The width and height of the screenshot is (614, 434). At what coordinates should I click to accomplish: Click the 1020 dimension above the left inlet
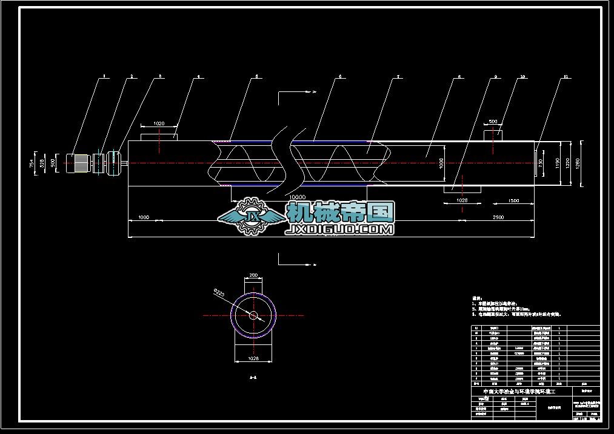159,123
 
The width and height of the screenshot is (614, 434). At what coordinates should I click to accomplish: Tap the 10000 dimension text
297,197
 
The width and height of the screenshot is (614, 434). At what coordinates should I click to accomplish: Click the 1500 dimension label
513,200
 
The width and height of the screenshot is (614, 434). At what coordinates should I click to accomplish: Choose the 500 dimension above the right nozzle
493,122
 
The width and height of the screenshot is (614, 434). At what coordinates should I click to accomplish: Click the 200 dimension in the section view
253,275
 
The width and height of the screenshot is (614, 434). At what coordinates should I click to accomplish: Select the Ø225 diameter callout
219,294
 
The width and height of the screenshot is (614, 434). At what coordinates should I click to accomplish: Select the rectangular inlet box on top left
159,137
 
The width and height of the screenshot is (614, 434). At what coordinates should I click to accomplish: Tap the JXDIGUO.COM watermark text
339,229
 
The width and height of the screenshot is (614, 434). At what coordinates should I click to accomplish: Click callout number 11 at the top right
566,77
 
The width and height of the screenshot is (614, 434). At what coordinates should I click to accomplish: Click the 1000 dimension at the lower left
144,217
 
